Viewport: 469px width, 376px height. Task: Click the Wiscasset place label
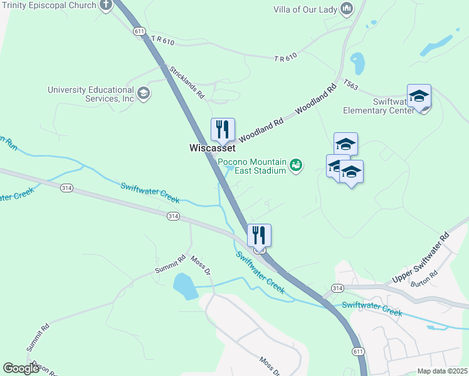213,149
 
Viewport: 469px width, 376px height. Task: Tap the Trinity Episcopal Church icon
105,6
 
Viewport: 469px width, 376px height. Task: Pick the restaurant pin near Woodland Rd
223,130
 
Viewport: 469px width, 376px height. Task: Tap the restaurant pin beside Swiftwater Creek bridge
259,236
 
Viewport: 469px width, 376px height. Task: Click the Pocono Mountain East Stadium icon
297,165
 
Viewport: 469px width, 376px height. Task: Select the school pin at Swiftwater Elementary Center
419,97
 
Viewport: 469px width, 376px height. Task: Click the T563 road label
350,85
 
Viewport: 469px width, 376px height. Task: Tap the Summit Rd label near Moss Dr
171,264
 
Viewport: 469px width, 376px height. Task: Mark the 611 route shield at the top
139,31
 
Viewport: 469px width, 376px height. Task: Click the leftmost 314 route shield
66,187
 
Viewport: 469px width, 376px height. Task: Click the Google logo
21,368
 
